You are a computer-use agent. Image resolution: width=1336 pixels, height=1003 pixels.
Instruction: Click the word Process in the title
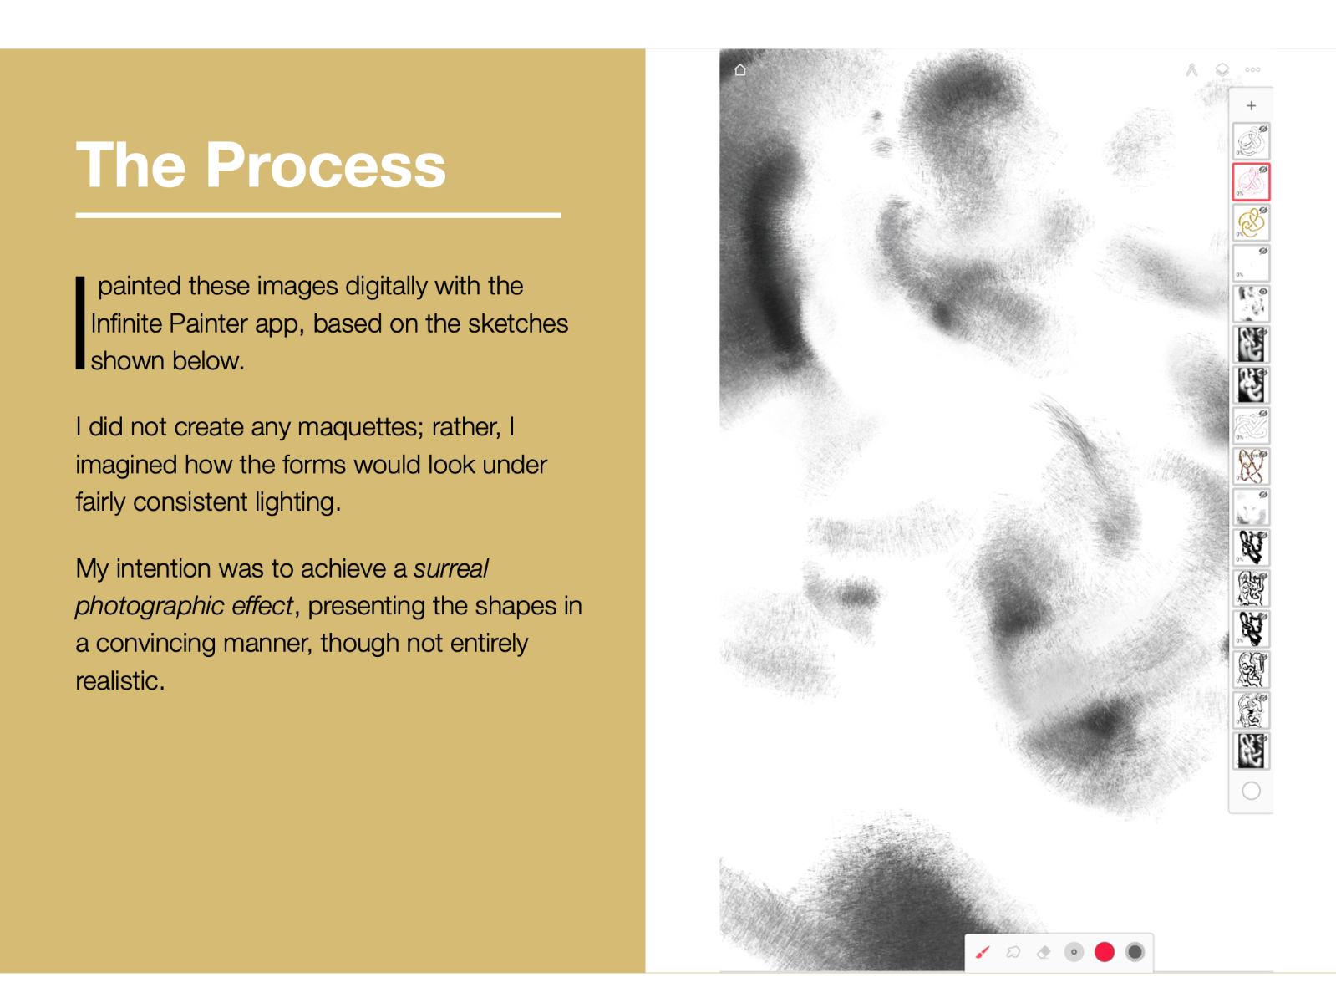(326, 165)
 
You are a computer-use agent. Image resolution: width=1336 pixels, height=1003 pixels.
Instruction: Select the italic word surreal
(450, 568)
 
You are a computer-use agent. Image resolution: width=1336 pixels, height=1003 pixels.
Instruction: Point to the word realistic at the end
(120, 680)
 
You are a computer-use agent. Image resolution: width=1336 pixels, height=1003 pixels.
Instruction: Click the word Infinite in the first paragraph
(127, 323)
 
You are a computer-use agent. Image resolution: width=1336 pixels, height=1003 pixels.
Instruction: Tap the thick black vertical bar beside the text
(79, 323)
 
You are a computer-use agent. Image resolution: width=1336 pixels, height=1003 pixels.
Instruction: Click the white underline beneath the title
(318, 215)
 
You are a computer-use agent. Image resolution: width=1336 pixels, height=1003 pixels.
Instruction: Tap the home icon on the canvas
(740, 70)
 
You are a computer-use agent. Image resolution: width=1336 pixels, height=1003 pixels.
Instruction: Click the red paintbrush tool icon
(983, 952)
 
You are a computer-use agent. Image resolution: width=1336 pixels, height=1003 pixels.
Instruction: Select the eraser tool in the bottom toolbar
(1044, 952)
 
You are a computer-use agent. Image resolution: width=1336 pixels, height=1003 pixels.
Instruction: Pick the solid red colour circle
(1104, 952)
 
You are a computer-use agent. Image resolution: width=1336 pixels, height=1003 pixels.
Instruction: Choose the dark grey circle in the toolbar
(1135, 952)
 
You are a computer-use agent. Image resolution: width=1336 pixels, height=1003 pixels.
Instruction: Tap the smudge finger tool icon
(1013, 952)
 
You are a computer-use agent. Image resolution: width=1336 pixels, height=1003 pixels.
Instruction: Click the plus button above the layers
(1251, 106)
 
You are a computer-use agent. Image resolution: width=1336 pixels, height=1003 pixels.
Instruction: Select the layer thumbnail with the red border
(1251, 181)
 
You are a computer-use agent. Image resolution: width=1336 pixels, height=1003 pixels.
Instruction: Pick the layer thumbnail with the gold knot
(1251, 222)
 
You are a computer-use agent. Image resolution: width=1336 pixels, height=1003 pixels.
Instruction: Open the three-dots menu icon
(1252, 69)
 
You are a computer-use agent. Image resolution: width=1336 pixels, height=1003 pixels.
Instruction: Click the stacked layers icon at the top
(1222, 70)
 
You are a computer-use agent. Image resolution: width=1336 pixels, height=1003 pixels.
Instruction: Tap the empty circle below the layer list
(1251, 792)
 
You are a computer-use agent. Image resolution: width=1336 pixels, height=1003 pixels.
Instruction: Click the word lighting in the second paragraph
(297, 502)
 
